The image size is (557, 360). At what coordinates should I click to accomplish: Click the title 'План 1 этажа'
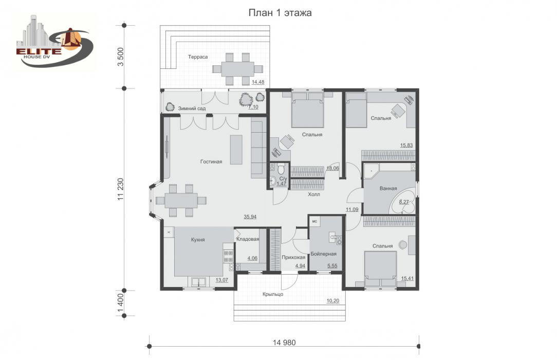(280, 13)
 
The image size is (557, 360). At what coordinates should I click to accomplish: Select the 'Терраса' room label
(198, 57)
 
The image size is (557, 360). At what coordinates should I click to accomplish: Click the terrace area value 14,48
(258, 82)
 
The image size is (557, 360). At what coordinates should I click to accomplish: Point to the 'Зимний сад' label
(192, 109)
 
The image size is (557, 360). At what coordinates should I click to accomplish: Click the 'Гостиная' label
(211, 161)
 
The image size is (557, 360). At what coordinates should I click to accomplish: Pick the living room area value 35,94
(250, 217)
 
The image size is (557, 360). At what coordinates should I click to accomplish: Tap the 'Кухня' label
(198, 240)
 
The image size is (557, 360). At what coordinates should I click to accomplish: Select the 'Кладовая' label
(248, 239)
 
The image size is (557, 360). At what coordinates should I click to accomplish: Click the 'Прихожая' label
(293, 257)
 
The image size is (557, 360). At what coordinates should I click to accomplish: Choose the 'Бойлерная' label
(323, 254)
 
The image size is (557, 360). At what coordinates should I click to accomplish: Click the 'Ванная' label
(388, 188)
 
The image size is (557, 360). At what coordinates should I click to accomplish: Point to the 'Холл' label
(313, 194)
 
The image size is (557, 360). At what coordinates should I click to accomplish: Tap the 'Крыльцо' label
(273, 294)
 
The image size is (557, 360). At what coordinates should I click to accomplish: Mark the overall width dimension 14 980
(284, 343)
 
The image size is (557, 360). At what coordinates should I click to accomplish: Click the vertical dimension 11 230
(121, 189)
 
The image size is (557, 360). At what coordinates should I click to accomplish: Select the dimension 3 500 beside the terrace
(121, 57)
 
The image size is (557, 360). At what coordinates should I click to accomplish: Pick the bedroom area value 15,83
(406, 146)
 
